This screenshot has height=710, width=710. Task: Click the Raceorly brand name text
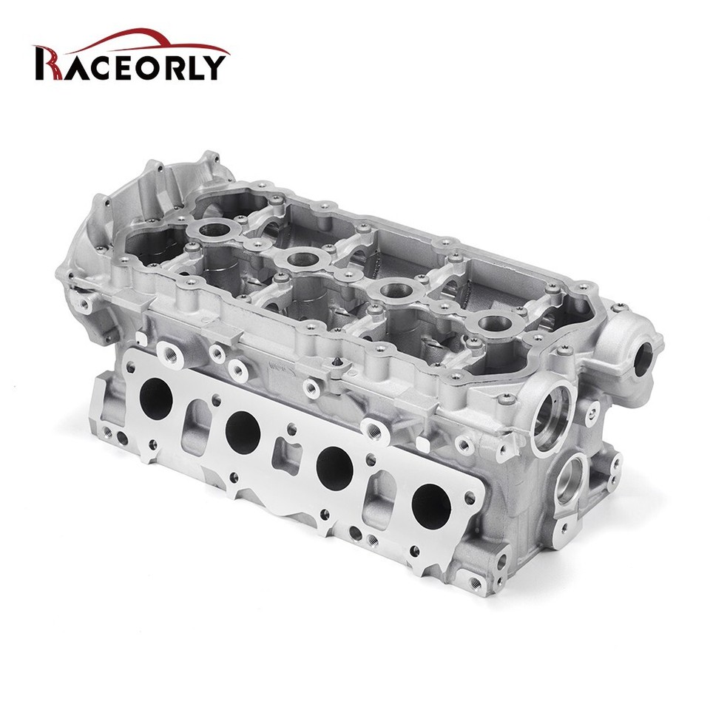click(x=130, y=65)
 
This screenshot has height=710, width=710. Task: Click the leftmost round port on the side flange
click(x=156, y=399)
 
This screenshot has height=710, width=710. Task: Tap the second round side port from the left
click(x=243, y=432)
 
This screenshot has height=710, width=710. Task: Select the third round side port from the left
click(x=334, y=467)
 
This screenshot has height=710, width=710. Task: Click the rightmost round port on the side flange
click(x=431, y=505)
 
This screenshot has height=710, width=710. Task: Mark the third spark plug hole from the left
click(x=393, y=289)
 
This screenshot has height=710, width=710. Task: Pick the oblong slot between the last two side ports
click(x=383, y=493)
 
